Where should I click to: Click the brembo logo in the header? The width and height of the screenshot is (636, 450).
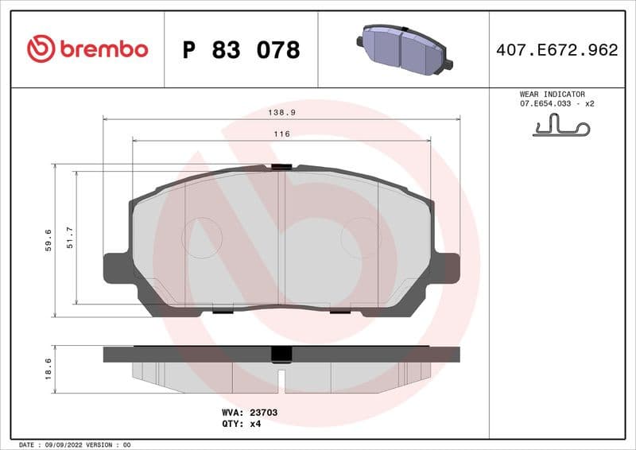[x=87, y=49]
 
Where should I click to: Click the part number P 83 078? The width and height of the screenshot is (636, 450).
[x=241, y=50]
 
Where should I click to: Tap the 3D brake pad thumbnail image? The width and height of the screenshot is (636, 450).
[x=403, y=49]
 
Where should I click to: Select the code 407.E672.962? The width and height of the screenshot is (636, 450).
[x=556, y=50]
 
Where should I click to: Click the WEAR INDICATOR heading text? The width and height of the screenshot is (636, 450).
[x=552, y=94]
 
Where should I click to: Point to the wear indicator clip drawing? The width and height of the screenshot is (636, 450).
[x=562, y=126]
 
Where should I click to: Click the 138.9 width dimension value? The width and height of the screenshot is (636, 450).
[x=282, y=113]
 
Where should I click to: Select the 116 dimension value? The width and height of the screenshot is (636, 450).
[x=281, y=134]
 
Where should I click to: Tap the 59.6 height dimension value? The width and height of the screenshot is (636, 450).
[x=48, y=239]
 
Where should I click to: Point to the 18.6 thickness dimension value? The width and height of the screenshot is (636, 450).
[x=48, y=369]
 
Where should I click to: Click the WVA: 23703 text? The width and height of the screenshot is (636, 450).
[x=249, y=413]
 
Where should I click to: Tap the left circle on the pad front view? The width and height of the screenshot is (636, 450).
[x=202, y=238]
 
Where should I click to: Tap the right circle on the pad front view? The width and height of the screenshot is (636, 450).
[x=361, y=238]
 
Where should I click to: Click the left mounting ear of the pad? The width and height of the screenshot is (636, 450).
[x=117, y=268]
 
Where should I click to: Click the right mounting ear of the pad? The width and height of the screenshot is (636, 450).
[x=446, y=267]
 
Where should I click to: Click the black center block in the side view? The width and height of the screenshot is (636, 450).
[x=281, y=355]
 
